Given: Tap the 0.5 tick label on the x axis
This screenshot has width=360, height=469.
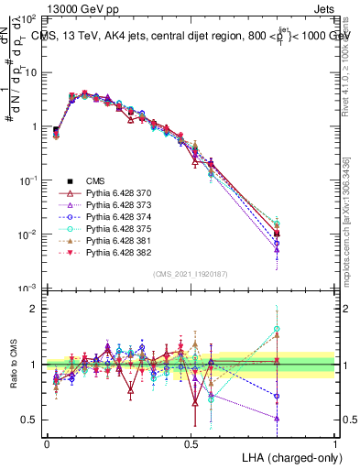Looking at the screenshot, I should tap(191, 442).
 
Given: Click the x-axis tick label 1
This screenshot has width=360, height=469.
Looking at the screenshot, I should tap(335, 442).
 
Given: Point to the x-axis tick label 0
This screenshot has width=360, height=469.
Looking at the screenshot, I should tap(47, 442).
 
